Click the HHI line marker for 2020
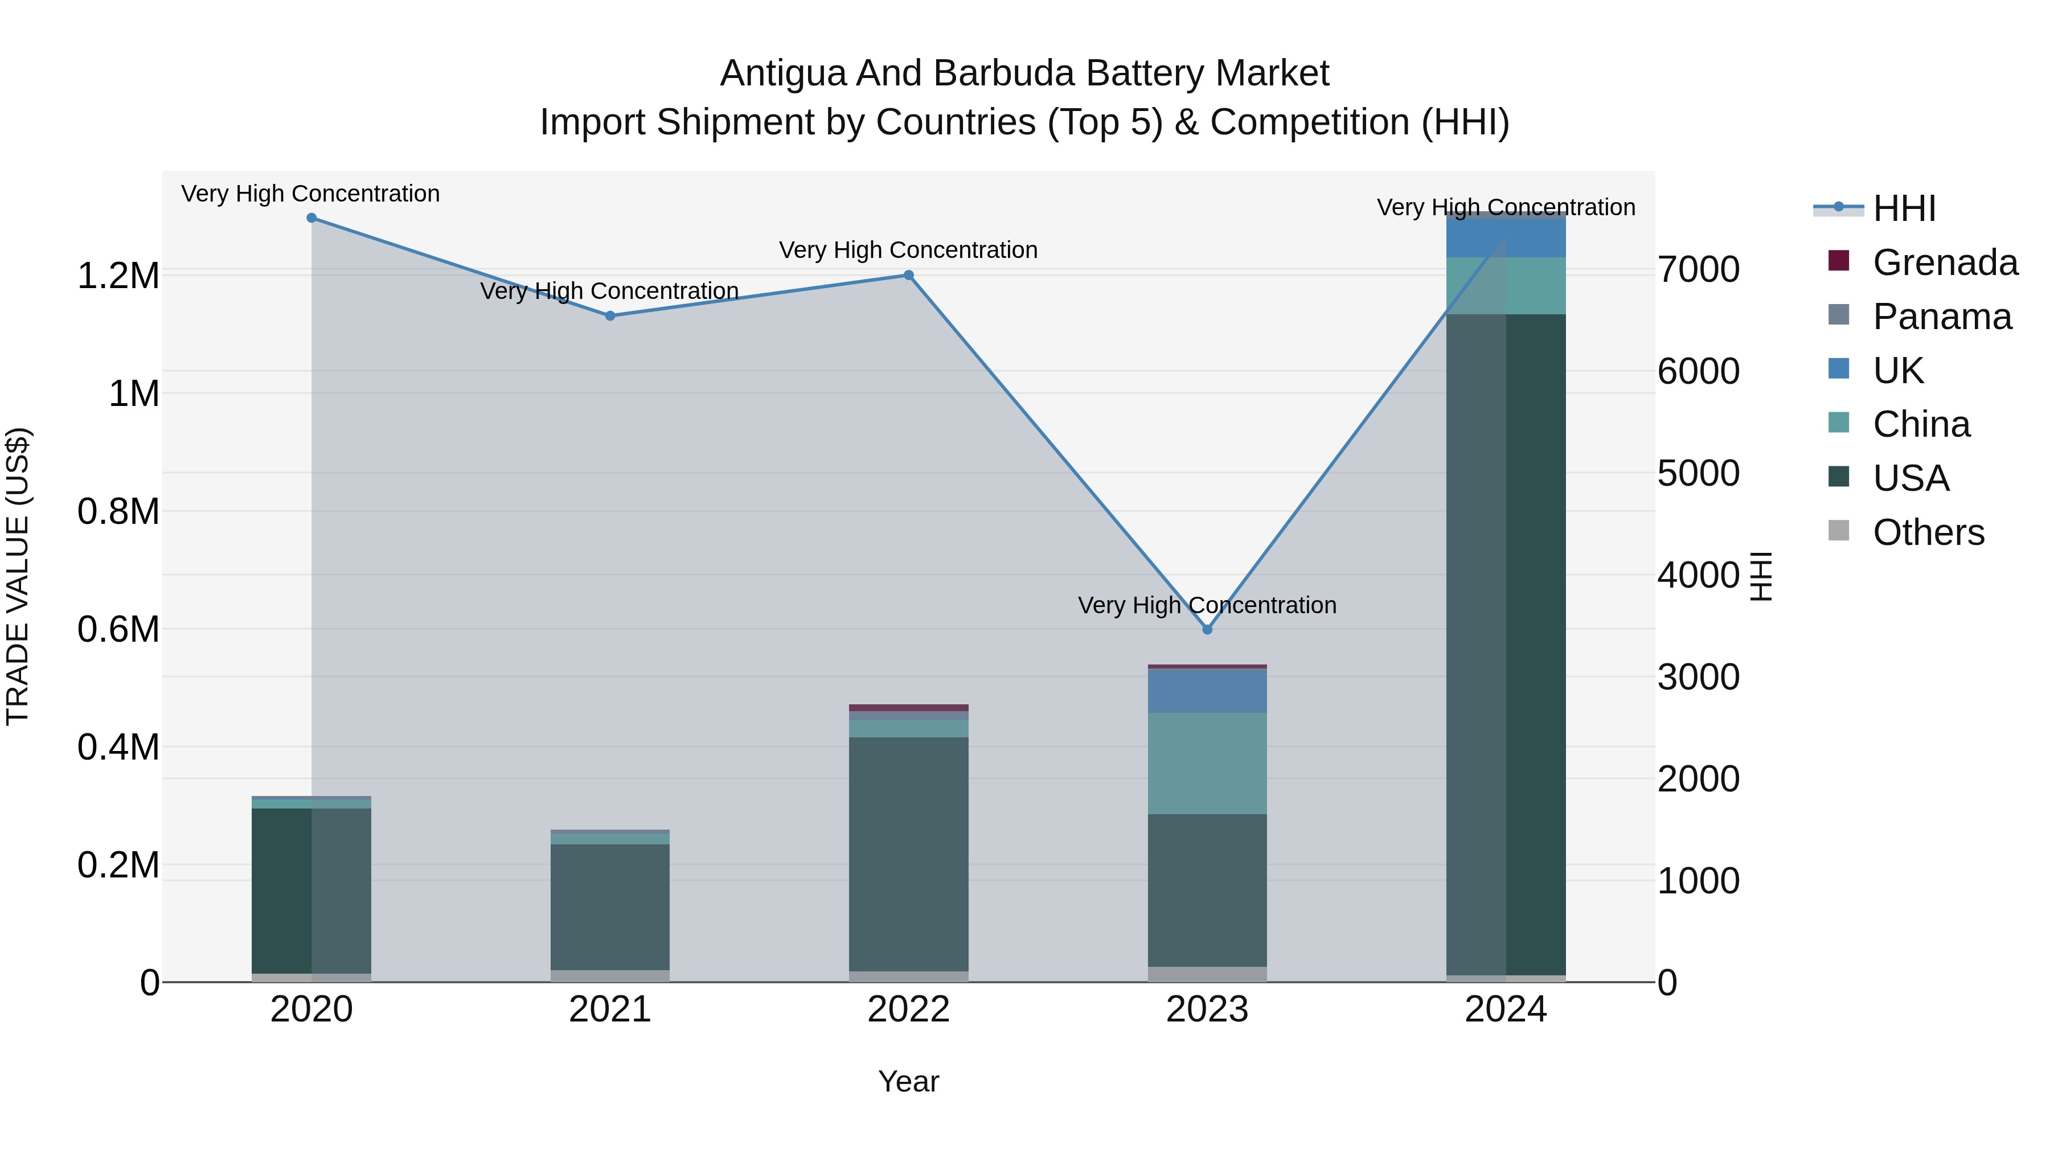click(x=311, y=218)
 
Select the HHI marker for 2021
click(x=609, y=316)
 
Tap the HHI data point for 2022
click(x=908, y=276)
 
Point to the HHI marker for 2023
click(x=1207, y=629)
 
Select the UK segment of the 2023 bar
click(x=1207, y=691)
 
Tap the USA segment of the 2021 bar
click(x=609, y=906)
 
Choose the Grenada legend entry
click(x=1944, y=262)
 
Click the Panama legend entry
click(x=1941, y=317)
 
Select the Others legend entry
click(x=1928, y=532)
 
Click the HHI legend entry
click(x=1904, y=208)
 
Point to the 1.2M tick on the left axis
click(x=118, y=276)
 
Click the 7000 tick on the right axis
click(x=1698, y=270)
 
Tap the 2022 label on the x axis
click(x=908, y=1010)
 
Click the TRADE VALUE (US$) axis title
click(x=18, y=576)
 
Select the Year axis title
click(x=908, y=1081)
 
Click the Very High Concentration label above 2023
click(x=1207, y=606)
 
